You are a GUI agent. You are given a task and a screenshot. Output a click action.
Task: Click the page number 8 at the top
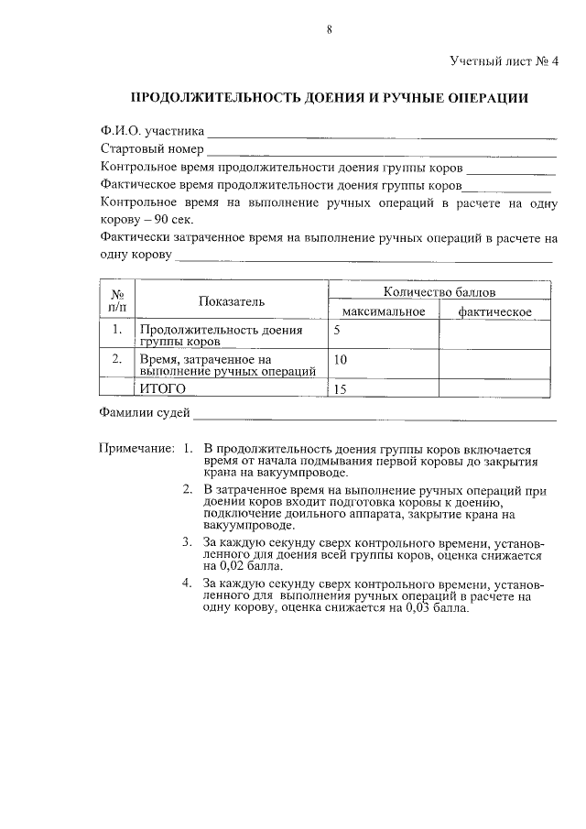(x=329, y=29)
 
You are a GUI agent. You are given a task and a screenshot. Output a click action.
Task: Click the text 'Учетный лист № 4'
(x=504, y=62)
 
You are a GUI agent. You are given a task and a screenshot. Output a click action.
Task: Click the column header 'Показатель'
(x=231, y=301)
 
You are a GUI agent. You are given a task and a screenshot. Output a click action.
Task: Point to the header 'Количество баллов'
(x=439, y=293)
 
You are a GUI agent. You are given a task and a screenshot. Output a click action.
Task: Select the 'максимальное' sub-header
(x=383, y=312)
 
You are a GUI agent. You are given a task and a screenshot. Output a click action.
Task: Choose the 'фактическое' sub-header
(x=495, y=312)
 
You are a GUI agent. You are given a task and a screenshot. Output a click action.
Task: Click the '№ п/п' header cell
(x=117, y=301)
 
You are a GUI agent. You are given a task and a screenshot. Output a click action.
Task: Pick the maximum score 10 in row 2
(x=341, y=360)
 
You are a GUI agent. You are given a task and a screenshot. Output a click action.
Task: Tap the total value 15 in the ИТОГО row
(x=341, y=389)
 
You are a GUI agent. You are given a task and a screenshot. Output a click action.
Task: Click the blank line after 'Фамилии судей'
(x=374, y=416)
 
